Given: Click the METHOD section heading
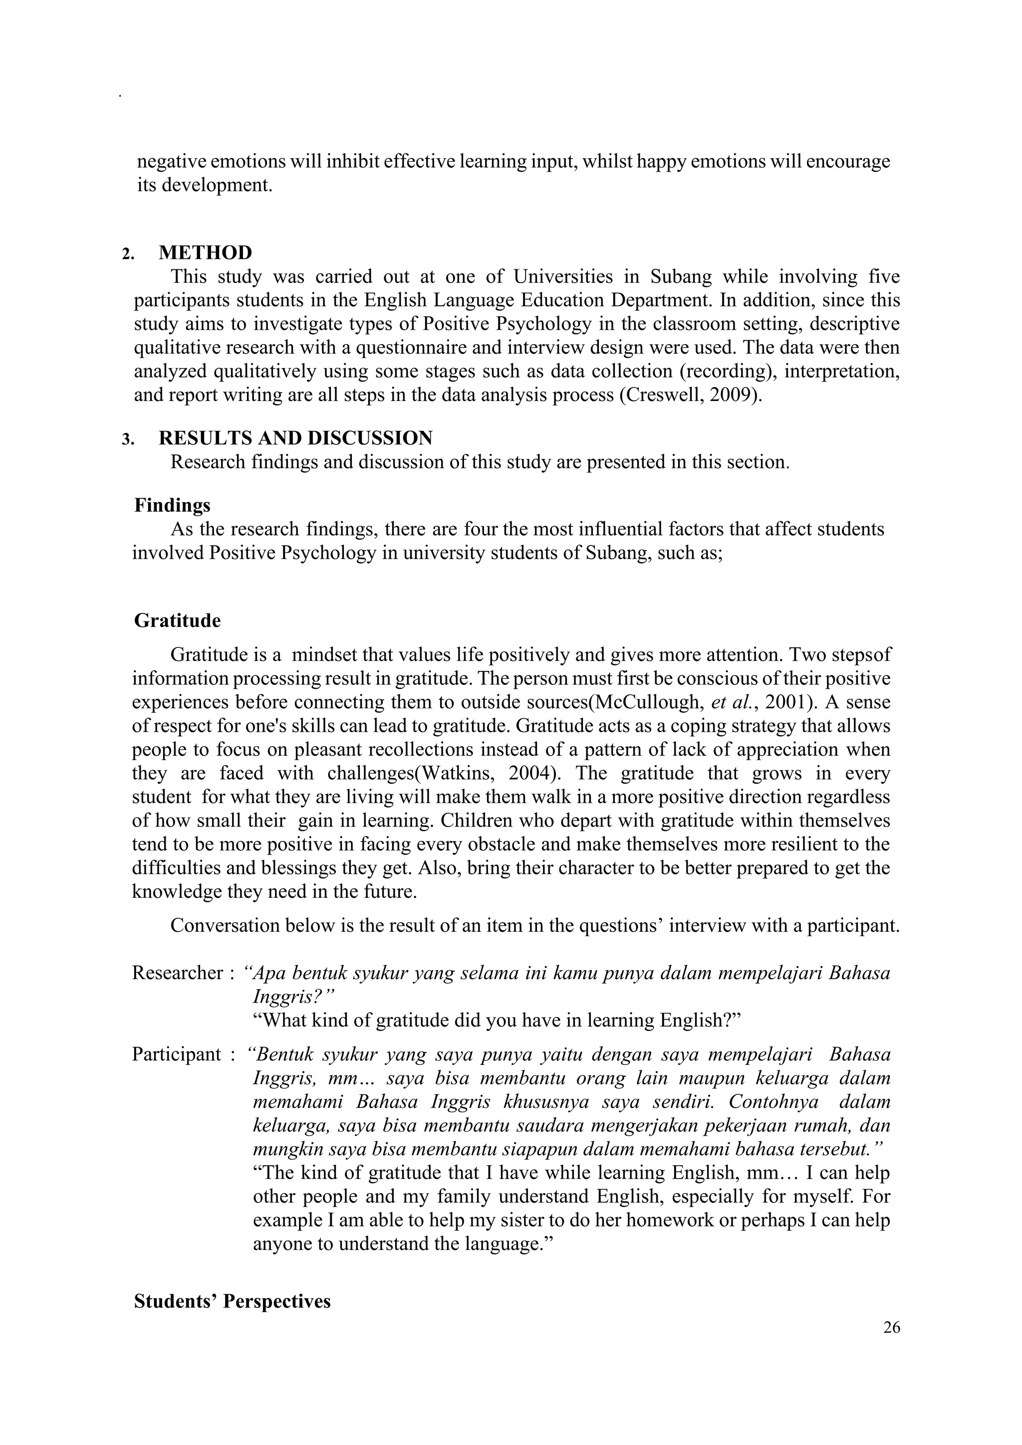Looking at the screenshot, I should click(205, 252).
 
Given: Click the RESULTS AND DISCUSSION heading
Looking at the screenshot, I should click(295, 437).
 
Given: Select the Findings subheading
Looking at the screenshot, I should click(172, 505).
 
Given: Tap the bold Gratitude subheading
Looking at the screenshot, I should click(178, 620).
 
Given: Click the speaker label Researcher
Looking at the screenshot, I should click(178, 973).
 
